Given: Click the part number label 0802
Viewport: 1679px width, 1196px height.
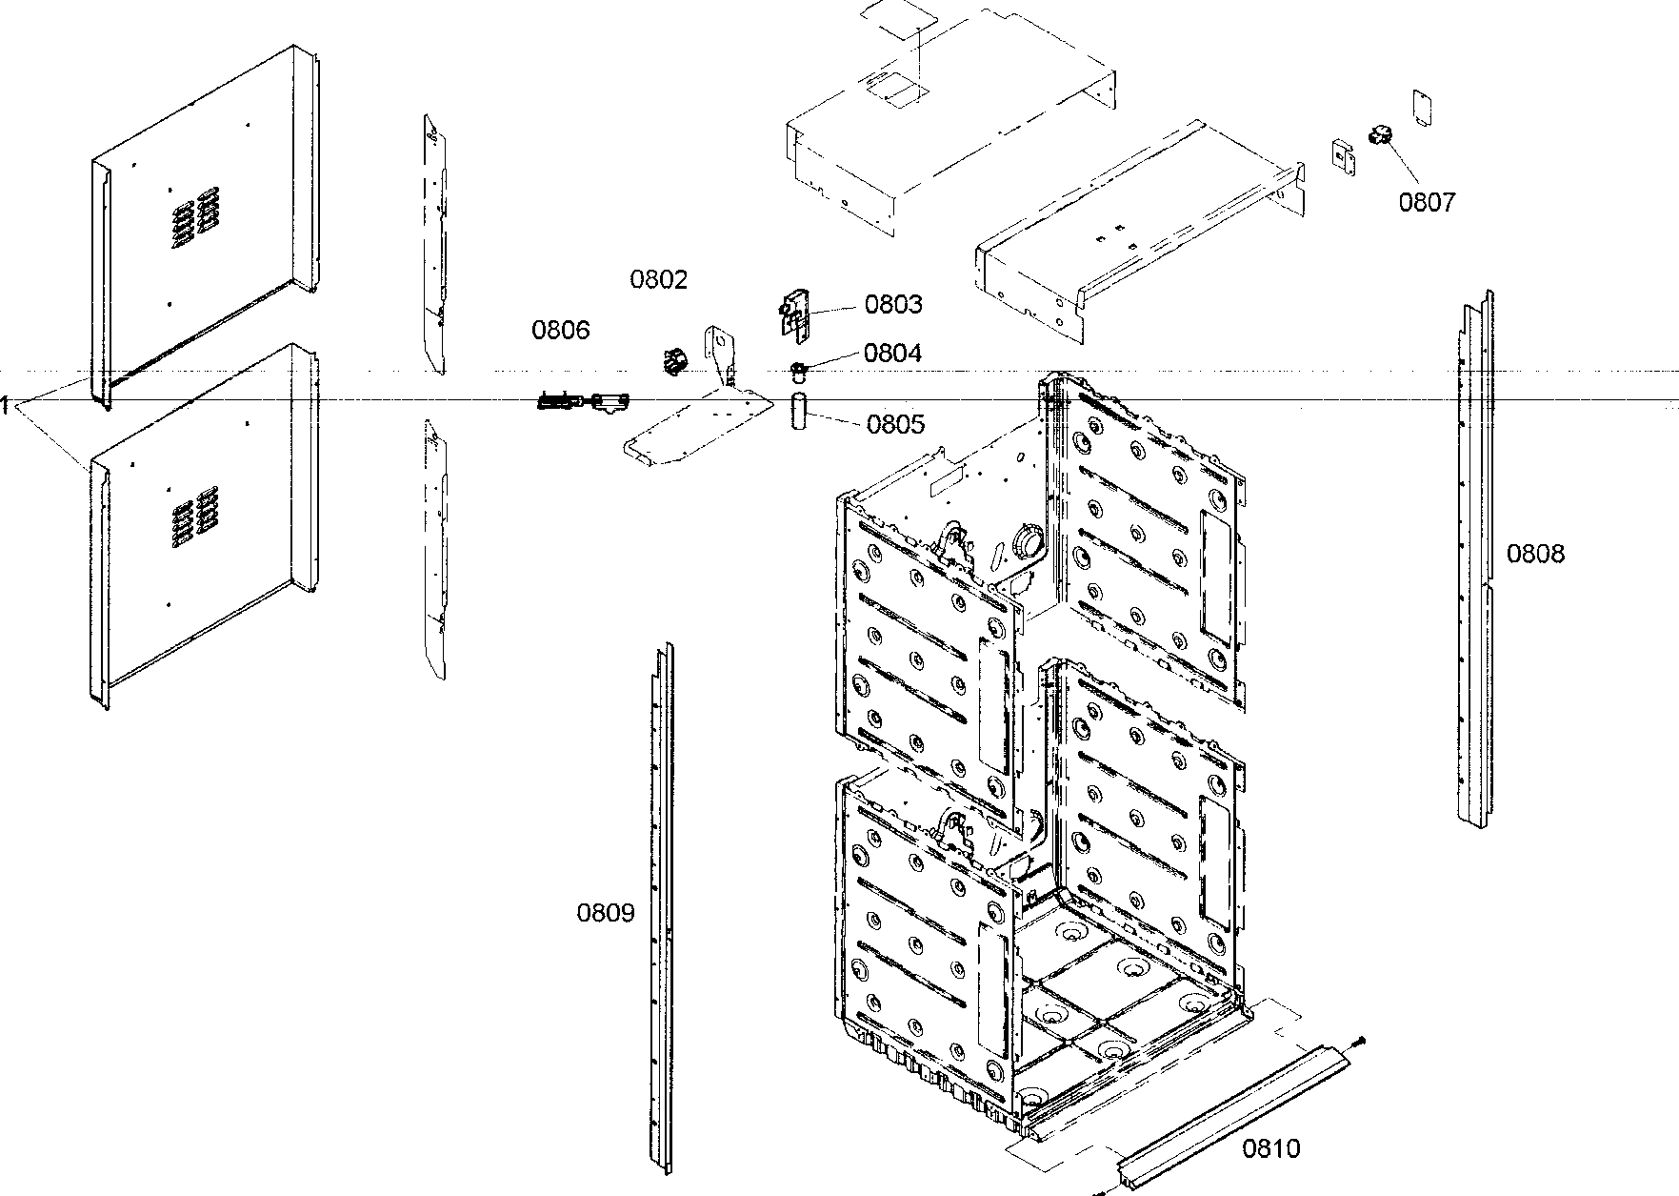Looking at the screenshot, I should tap(658, 279).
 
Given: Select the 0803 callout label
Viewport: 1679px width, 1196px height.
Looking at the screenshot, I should tap(892, 304).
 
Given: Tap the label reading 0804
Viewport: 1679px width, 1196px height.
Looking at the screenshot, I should tap(892, 353).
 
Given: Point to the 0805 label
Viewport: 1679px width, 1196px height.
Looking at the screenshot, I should tap(894, 424).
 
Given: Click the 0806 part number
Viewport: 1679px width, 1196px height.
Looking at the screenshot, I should tap(560, 330).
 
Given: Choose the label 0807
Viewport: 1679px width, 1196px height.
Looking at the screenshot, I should tap(1427, 202).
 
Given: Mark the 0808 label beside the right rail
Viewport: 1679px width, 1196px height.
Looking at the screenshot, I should tap(1534, 554).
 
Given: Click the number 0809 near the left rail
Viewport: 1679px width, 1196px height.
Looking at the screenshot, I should tap(605, 913).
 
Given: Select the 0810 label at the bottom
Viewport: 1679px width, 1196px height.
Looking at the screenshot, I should tap(1270, 1148).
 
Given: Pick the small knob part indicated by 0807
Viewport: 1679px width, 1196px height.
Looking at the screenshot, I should tap(1380, 136).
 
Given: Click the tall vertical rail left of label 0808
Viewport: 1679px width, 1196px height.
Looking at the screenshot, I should tap(1474, 562).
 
